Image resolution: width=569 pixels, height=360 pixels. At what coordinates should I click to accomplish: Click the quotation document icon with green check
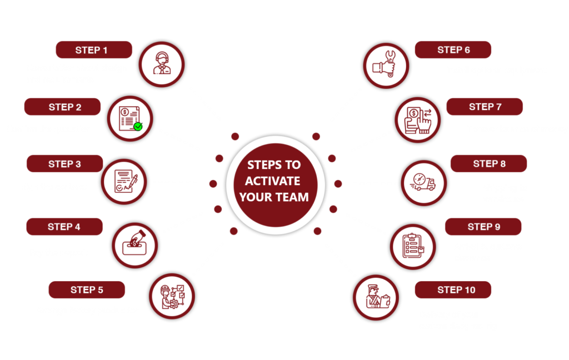129,118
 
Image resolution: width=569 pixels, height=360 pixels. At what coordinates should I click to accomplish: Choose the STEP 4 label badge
64,227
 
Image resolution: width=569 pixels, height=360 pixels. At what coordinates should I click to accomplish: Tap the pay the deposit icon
135,245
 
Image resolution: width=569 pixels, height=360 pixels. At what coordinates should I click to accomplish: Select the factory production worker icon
172,296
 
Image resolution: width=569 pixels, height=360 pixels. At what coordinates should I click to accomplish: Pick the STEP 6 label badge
453,50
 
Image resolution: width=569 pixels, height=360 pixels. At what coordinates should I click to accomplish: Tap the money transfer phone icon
417,119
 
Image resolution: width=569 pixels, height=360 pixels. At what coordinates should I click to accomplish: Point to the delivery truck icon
423,182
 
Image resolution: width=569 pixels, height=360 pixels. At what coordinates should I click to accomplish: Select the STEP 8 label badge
488,164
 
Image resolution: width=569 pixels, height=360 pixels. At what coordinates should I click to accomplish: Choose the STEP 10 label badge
453,289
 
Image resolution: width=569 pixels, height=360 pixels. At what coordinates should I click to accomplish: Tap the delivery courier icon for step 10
376,297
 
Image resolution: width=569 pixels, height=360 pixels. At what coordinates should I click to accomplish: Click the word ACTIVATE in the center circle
274,181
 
